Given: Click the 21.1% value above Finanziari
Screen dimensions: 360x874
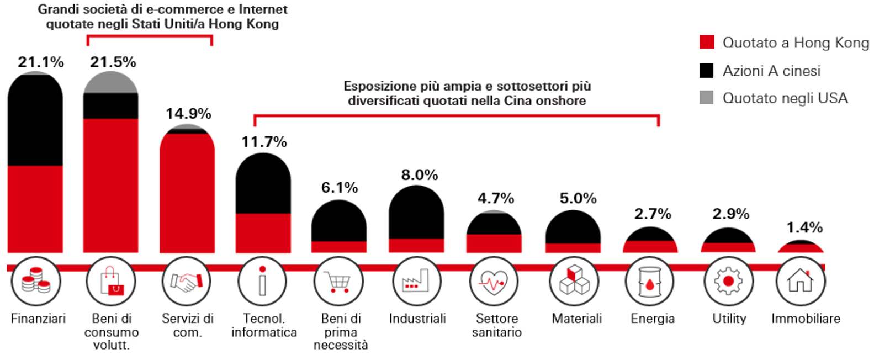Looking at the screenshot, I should pos(40,62).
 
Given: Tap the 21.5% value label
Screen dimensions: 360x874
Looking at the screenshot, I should pos(113,62).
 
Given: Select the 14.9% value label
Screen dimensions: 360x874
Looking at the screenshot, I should pos(188,114).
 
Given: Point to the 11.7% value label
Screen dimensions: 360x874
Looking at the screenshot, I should pos(264,142).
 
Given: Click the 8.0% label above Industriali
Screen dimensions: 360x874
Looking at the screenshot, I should pos(419,175).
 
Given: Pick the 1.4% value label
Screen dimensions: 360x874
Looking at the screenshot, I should pos(804,227).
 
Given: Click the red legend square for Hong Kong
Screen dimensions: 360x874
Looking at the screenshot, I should pos(706,43).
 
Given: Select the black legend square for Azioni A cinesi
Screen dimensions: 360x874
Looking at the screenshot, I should pos(706,71).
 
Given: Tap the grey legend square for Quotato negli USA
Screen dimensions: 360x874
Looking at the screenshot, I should pos(706,98).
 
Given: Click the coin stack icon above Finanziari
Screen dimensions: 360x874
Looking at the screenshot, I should pos(36,280).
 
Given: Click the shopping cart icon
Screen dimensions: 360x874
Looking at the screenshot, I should pos(338,281).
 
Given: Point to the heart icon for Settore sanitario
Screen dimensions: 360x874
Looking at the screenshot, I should pos(494,282).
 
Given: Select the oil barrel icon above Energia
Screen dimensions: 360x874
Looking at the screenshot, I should pos(649,282).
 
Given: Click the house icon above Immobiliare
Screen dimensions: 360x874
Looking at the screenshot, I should pos(800,280).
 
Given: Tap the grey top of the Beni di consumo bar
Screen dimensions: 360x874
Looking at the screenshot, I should pos(110,83).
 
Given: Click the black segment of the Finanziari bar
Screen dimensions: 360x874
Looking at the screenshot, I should pos(35,121).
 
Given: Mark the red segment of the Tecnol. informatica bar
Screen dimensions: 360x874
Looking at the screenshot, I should pos(263,233).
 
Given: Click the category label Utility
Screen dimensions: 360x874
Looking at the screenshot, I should pos(729,319).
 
